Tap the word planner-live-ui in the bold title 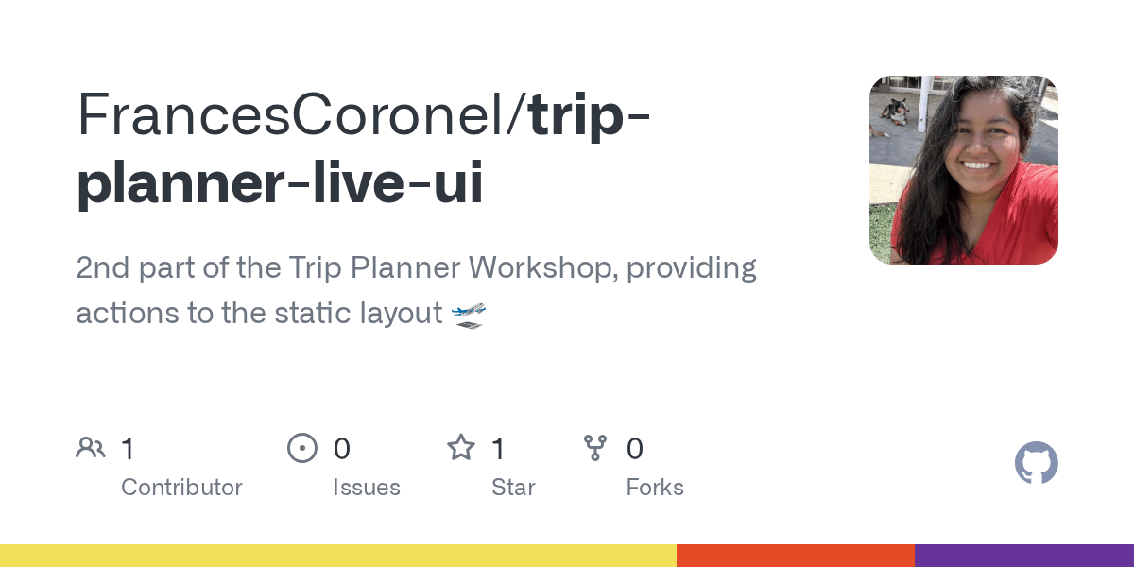280,183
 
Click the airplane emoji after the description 469,314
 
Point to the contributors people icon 91,448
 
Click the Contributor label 181,488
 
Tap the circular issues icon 302,448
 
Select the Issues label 367,488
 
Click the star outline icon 461,448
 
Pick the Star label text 513,488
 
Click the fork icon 595,448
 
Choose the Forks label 655,488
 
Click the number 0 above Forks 635,449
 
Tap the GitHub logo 1036,463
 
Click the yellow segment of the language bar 338,556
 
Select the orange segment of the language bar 796,556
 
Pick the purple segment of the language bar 1024,556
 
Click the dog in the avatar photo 894,112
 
